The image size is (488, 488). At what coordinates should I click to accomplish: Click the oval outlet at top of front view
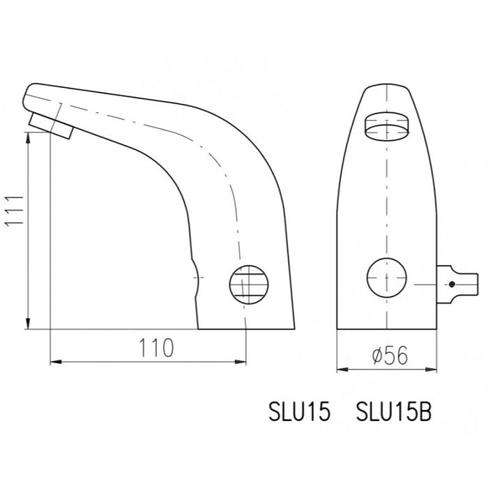coord(388,127)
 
